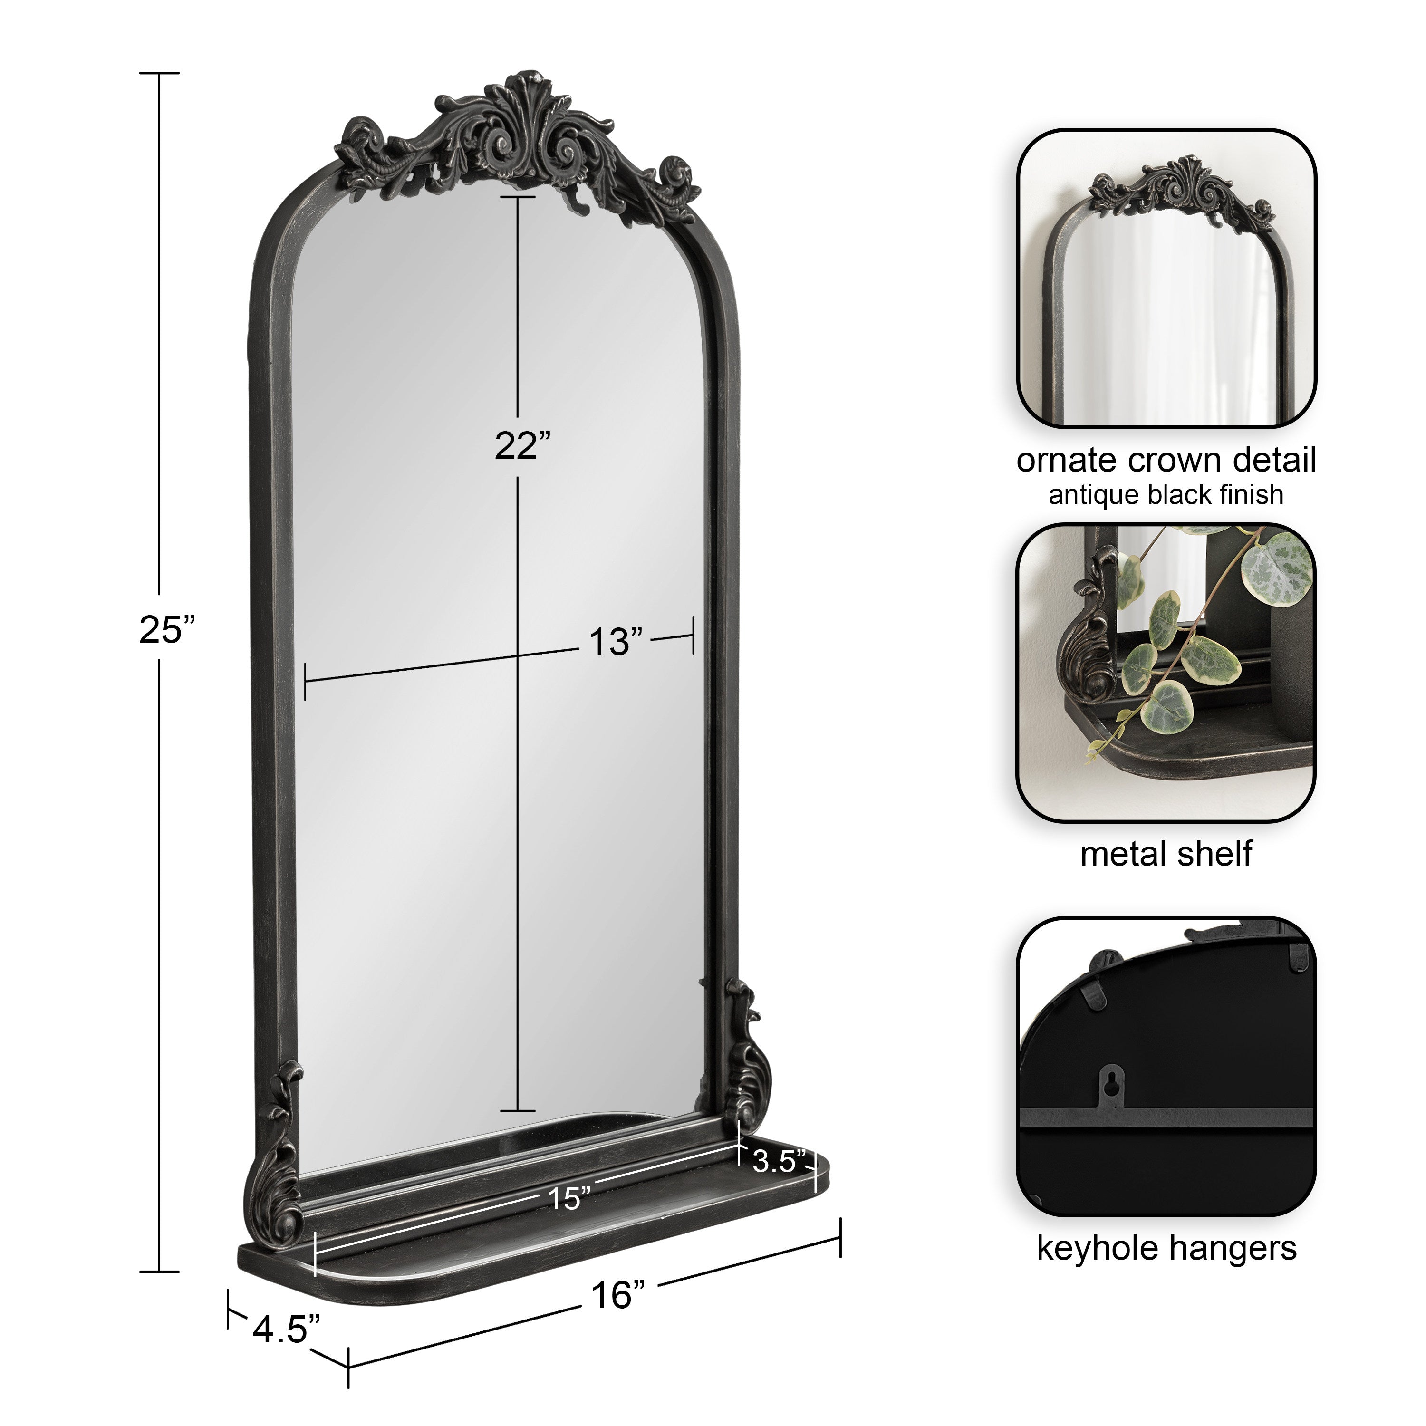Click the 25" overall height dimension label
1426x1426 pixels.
tap(167, 630)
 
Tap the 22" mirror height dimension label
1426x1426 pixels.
tap(522, 446)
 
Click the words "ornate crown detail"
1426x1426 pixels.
tap(1166, 461)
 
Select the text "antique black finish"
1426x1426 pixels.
tap(1166, 494)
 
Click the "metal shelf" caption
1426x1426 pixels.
tap(1166, 854)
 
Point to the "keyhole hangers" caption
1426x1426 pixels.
tap(1166, 1248)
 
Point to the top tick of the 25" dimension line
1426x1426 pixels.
tap(159, 73)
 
